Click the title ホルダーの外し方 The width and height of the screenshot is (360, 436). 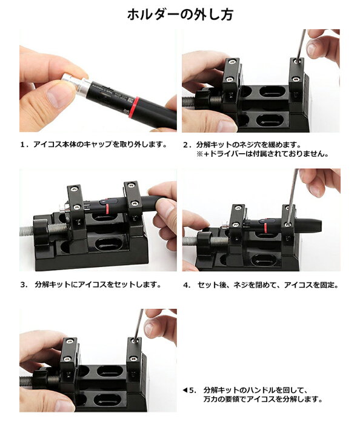coord(180,15)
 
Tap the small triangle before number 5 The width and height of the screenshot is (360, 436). coord(185,391)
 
